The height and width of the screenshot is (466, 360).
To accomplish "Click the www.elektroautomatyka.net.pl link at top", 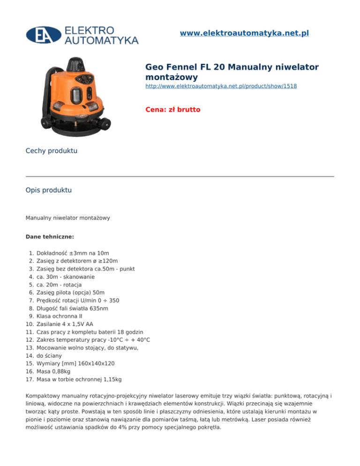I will pos(244,33).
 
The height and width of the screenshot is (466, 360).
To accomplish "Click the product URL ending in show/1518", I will pos(221,86).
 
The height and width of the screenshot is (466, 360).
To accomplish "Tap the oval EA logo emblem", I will pos(44,35).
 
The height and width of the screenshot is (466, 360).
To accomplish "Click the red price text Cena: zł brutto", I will pos(173,110).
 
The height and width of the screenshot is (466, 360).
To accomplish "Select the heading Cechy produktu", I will pos(52,151).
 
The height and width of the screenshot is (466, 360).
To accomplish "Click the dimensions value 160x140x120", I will pos(99,363).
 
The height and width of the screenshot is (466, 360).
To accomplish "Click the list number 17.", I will pos(30,379).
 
